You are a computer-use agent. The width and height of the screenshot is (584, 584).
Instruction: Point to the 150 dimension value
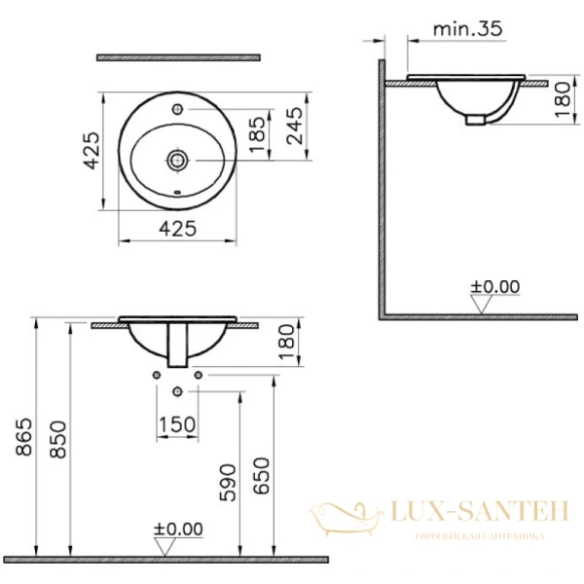pyautogui.click(x=177, y=424)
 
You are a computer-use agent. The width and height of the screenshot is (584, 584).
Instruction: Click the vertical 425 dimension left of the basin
pyautogui.click(x=90, y=151)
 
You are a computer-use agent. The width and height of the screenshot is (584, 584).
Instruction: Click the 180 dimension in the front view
pyautogui.click(x=283, y=344)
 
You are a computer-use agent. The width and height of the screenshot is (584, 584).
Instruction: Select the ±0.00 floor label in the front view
pyautogui.click(x=178, y=529)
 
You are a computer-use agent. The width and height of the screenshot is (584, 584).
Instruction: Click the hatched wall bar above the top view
pyautogui.click(x=179, y=57)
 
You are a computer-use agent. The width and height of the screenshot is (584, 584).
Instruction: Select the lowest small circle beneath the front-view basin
pyautogui.click(x=177, y=391)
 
